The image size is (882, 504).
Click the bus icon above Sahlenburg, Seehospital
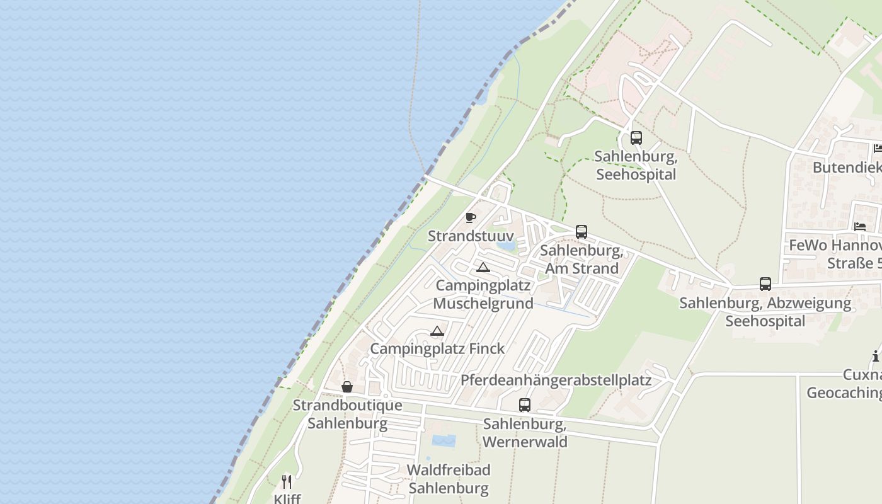636,137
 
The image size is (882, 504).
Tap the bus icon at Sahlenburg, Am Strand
581,232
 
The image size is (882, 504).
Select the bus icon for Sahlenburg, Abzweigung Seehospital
765,284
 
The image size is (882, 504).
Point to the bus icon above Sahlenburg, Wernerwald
524,405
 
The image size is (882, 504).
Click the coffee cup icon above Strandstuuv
470,217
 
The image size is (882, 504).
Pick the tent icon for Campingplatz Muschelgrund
483,267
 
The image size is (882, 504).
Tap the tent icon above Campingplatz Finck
437,331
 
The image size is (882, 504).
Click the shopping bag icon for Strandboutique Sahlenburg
346,387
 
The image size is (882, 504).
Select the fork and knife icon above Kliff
287,482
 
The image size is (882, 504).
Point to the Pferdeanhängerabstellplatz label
556,380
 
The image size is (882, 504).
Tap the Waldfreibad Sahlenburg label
448,479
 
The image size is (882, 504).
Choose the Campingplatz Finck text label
437,348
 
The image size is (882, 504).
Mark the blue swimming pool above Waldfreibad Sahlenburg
444,440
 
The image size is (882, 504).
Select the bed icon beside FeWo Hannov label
860,226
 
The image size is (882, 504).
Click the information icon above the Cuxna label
876,357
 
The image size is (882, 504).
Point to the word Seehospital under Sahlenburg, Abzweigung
765,321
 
